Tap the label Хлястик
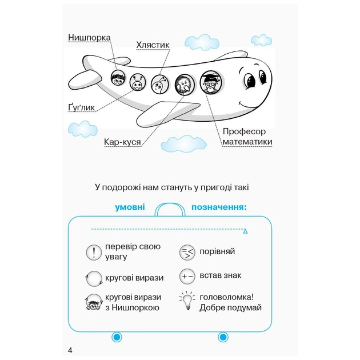click(154, 43)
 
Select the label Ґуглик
click(80, 106)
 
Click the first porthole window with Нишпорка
click(118, 79)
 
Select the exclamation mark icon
click(93, 252)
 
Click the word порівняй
click(217, 251)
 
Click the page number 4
click(69, 350)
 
